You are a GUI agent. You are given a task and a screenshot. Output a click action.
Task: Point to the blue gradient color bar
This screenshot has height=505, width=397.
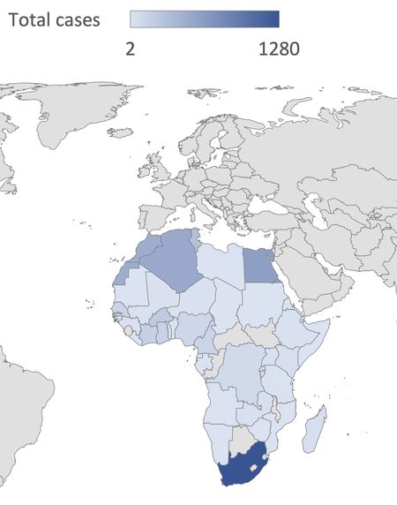tap(205, 19)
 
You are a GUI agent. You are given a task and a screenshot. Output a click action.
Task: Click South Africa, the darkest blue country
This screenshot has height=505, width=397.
tap(245, 465)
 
